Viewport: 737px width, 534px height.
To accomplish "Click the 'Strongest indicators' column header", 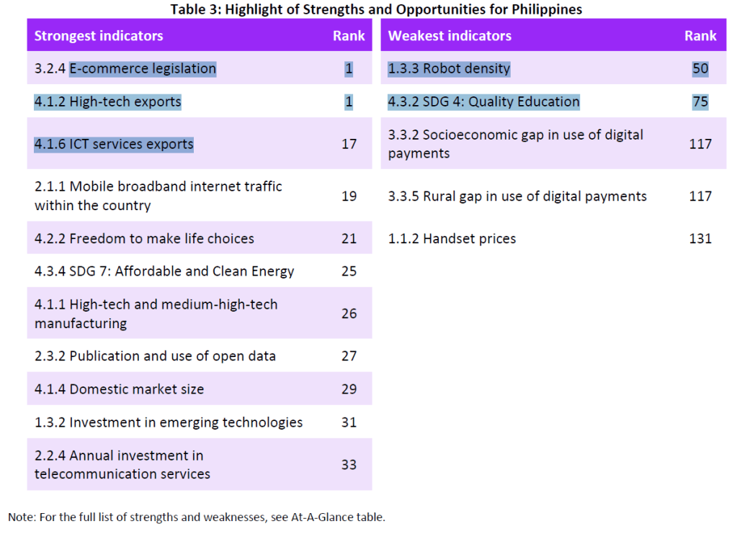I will tap(99, 36).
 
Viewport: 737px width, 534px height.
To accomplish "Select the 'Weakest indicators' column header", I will tap(450, 36).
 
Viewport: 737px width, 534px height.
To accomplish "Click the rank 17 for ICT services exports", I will tap(349, 144).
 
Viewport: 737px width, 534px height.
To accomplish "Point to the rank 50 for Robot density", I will tap(700, 69).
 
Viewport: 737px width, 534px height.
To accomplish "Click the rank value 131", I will tap(700, 239).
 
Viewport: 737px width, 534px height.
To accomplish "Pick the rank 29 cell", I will tap(349, 389).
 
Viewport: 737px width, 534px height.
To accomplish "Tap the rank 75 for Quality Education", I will tap(700, 102).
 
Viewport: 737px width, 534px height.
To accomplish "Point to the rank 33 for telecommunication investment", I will tap(349, 465).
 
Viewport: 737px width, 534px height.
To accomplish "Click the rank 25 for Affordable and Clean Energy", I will tap(349, 272).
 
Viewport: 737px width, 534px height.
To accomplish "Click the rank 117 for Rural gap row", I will tap(700, 196).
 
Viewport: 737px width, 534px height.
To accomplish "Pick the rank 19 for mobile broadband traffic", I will tap(349, 196).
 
